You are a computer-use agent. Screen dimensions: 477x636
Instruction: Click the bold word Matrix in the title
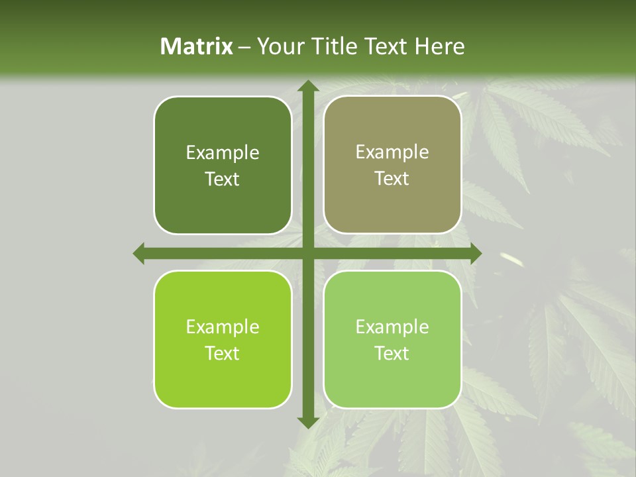(197, 46)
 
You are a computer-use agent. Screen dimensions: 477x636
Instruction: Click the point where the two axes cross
(307, 253)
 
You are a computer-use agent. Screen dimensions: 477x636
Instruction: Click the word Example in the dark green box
(223, 153)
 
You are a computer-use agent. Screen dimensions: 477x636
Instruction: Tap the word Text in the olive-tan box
(392, 179)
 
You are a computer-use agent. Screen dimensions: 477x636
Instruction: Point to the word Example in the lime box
(223, 327)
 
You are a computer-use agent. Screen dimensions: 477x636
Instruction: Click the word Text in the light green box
(392, 353)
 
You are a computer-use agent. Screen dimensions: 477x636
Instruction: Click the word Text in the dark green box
(223, 180)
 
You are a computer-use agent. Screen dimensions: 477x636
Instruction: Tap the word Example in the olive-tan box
(392, 152)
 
